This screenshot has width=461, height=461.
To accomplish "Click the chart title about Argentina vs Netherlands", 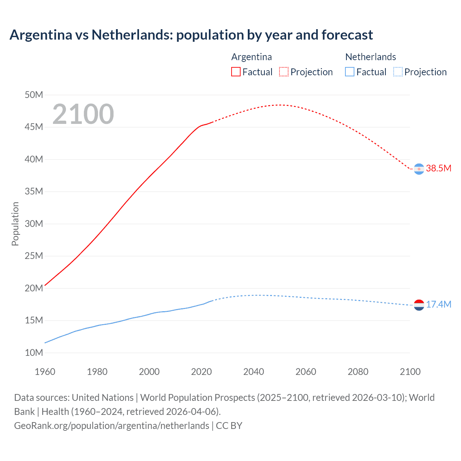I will click(191, 35).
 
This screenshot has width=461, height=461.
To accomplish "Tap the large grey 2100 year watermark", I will click(83, 114).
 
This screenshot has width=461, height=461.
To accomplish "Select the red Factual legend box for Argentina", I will click(236, 72).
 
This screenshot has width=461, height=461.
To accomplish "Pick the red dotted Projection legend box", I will click(284, 72).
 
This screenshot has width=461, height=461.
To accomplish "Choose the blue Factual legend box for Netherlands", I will click(349, 72).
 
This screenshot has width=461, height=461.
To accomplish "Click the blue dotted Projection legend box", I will click(398, 72).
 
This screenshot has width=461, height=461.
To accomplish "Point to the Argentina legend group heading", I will click(251, 57).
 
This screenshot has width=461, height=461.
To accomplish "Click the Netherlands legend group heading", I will click(370, 57).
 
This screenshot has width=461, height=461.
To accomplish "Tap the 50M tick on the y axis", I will click(34, 95).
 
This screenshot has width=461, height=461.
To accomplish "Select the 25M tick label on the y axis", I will click(34, 256).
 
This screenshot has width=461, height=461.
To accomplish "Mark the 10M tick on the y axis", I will click(34, 353).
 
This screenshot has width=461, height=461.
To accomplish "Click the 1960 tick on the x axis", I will click(45, 372).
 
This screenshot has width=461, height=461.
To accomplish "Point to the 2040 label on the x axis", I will click(254, 372).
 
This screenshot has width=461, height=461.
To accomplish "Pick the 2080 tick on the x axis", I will click(358, 372).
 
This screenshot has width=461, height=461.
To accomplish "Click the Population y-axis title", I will click(15, 224).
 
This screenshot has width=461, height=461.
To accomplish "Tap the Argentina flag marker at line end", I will click(419, 169).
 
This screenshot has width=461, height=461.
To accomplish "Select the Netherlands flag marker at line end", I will click(419, 305).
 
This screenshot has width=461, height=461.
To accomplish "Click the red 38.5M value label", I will click(438, 168).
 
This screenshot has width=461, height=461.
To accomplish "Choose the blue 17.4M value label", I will click(438, 304).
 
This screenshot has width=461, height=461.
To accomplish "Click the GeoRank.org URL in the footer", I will click(112, 425).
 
